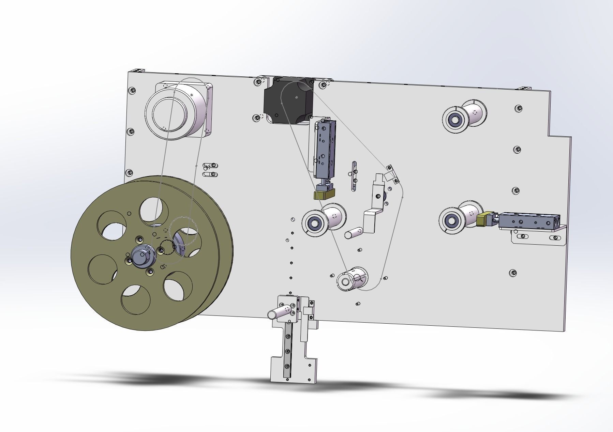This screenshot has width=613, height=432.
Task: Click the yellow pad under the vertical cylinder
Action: point(324,195)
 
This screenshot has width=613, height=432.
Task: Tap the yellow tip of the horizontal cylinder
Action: point(482,219)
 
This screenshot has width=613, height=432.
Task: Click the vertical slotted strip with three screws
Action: point(354,176)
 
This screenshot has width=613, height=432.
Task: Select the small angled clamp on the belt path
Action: point(392,174)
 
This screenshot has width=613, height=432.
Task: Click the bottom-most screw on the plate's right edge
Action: point(512,273)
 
